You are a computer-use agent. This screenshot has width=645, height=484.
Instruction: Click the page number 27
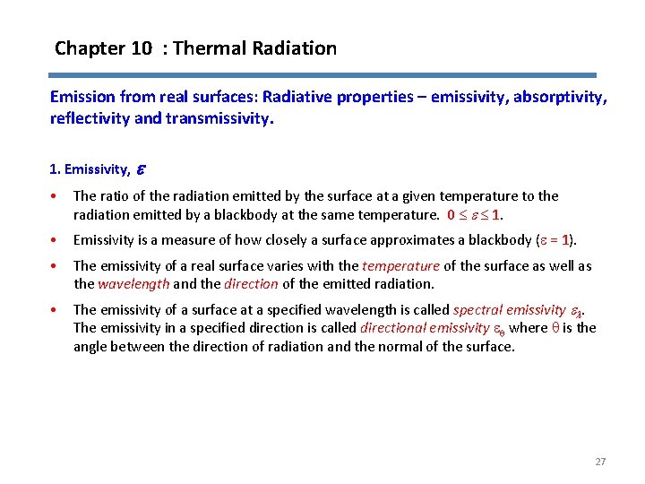pos(600,462)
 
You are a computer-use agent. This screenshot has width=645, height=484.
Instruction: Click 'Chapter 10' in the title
pos(103,48)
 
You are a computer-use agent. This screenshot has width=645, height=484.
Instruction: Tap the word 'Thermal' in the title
pos(207,48)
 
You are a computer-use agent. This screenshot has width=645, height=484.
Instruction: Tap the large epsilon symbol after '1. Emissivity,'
pos(140,169)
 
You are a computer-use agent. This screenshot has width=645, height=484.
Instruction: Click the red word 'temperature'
pos(400,266)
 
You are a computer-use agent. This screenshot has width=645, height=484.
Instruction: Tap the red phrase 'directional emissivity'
pos(412,328)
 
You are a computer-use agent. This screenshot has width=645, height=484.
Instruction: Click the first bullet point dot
pos(56,196)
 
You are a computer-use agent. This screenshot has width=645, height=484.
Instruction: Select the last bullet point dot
pos(56,310)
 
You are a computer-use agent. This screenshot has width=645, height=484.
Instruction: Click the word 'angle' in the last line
pos(92,346)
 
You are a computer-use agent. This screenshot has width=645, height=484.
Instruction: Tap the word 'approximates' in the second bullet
pos(417,239)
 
